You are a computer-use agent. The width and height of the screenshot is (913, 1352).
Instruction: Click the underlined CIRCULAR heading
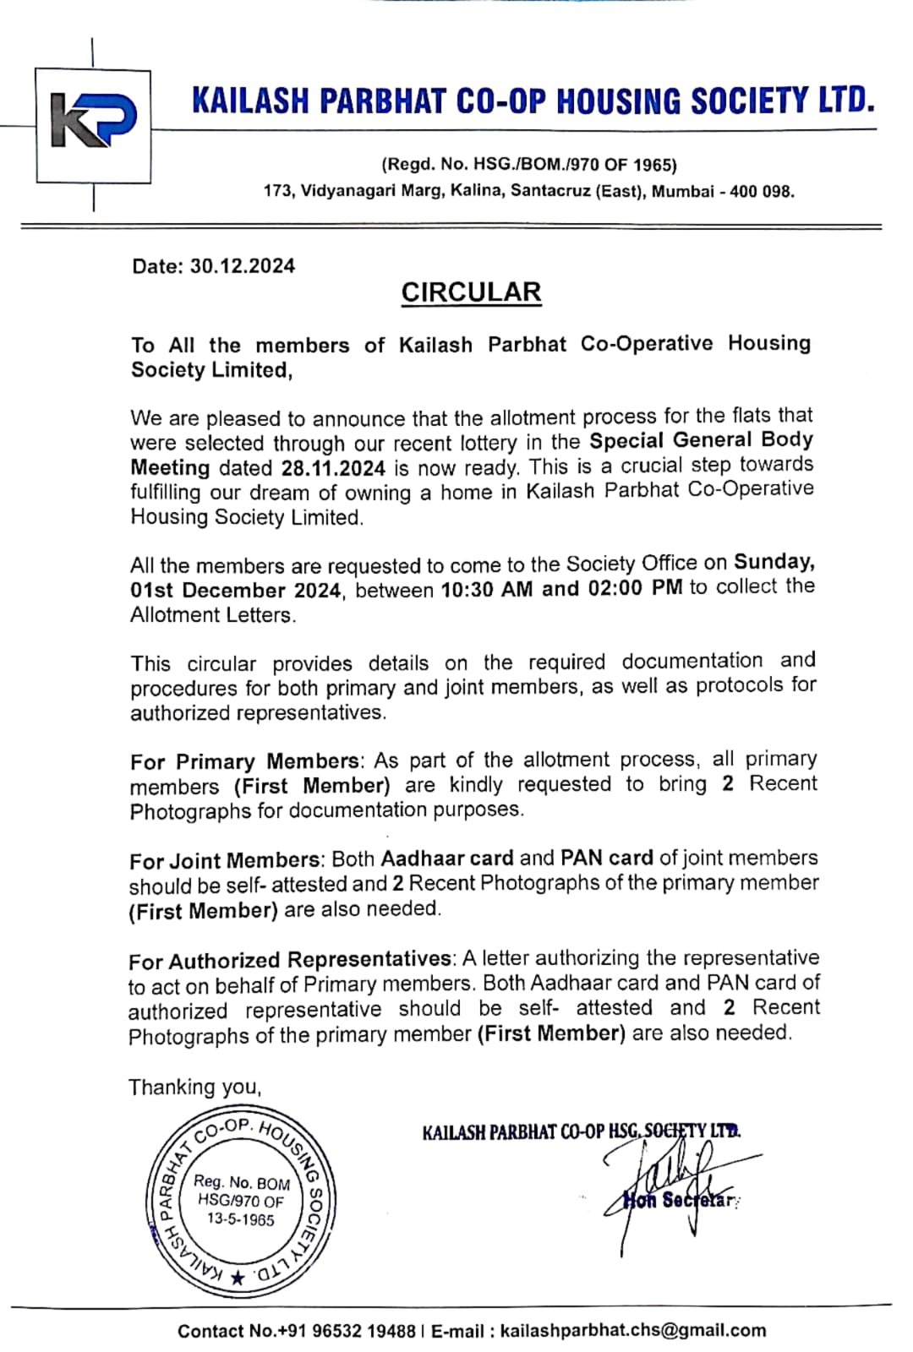click(471, 292)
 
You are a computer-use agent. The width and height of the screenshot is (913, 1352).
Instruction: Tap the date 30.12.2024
click(243, 266)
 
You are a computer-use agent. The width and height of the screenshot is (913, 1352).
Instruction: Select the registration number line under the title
click(529, 165)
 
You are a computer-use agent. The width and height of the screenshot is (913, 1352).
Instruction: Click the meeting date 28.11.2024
click(333, 468)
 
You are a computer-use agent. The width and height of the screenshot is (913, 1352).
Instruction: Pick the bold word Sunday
click(774, 562)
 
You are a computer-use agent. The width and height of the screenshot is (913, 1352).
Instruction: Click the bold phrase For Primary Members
click(245, 761)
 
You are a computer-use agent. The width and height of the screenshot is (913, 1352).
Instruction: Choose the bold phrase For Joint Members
click(225, 861)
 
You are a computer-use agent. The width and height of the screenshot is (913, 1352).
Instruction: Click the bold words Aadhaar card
click(447, 859)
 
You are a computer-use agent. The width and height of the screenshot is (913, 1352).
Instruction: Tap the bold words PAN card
click(606, 859)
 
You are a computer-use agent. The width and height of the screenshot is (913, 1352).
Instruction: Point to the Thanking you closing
click(195, 1088)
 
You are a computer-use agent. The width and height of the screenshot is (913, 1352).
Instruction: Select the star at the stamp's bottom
click(238, 1278)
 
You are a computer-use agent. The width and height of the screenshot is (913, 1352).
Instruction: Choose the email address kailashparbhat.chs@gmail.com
click(633, 1331)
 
